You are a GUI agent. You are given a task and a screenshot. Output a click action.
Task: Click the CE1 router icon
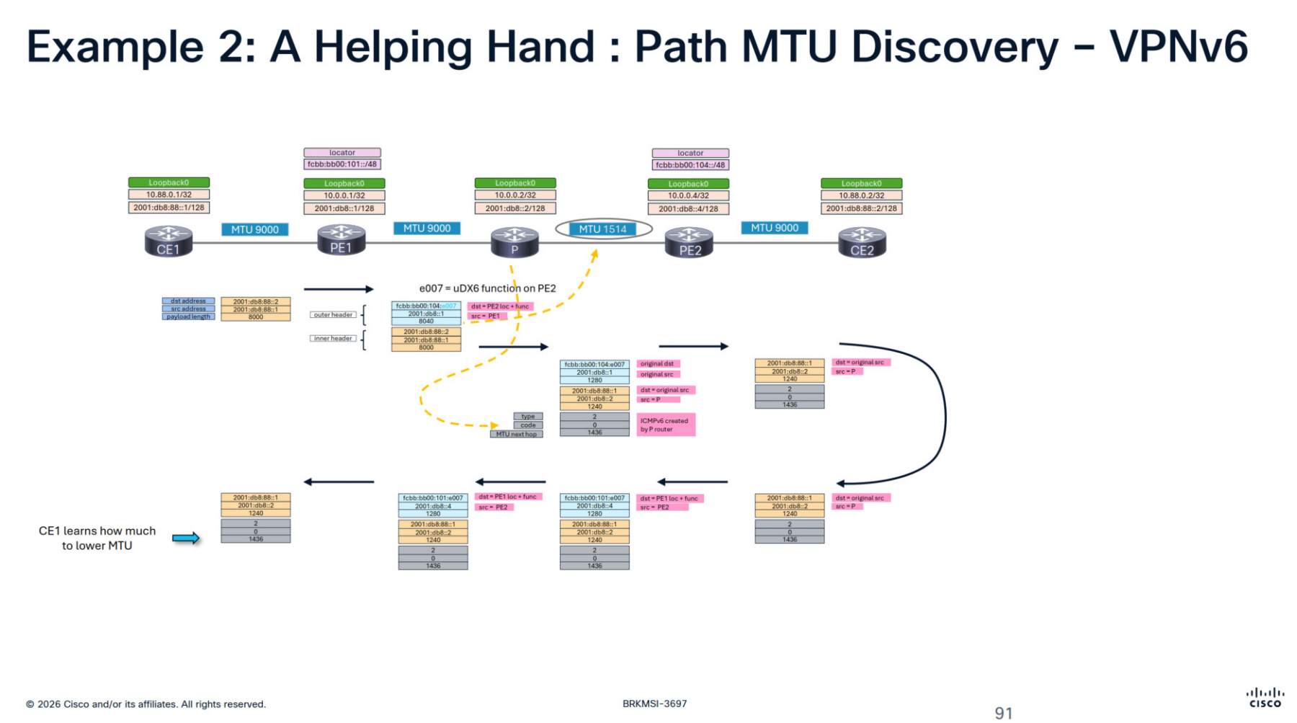tap(168, 241)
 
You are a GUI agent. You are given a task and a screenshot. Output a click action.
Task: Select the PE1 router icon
tap(341, 240)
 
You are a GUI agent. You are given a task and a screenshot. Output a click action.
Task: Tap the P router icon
tap(514, 242)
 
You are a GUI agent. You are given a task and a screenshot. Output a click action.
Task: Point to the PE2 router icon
tap(689, 242)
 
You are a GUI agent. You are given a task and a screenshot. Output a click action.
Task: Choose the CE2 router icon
tap(862, 242)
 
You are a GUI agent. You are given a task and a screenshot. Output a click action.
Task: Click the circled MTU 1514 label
tap(603, 229)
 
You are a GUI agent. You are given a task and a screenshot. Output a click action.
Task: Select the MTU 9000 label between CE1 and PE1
tap(254, 229)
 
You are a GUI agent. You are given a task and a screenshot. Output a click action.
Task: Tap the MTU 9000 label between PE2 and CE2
tap(775, 228)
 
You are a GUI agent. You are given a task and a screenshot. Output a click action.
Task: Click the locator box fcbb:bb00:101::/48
tap(342, 164)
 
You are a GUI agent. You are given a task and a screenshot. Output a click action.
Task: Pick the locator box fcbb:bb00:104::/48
tap(690, 164)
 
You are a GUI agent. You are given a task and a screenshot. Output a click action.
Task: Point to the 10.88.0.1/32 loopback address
tap(169, 195)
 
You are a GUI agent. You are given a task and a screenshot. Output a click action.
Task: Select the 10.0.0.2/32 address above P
tap(515, 195)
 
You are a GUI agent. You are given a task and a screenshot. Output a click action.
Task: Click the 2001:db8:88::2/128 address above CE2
tap(861, 208)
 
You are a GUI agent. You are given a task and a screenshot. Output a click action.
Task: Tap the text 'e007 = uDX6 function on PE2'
tap(487, 288)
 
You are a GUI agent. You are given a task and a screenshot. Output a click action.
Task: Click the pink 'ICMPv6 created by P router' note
tap(665, 425)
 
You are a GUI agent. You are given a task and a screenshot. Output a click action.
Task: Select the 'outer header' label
tap(333, 315)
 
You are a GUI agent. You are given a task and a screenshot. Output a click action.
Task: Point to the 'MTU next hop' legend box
tap(516, 434)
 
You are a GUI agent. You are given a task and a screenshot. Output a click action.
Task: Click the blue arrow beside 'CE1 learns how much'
tap(185, 538)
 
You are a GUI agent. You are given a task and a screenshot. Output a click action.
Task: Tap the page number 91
tap(1003, 713)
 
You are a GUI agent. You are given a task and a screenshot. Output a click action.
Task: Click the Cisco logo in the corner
tap(1265, 698)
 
